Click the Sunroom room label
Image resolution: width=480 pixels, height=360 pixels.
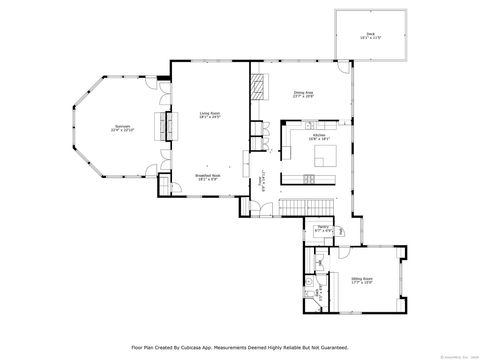pyautogui.click(x=119, y=128)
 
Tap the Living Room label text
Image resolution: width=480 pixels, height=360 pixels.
pyautogui.click(x=209, y=115)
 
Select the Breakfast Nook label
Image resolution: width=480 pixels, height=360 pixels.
pyautogui.click(x=208, y=175)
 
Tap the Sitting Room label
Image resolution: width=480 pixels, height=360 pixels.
pyautogui.click(x=362, y=280)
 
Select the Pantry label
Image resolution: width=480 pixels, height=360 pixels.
pyautogui.click(x=324, y=229)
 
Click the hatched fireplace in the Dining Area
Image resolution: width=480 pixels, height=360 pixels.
pyautogui.click(x=259, y=88)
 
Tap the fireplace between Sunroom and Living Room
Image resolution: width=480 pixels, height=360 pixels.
pyautogui.click(x=159, y=127)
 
